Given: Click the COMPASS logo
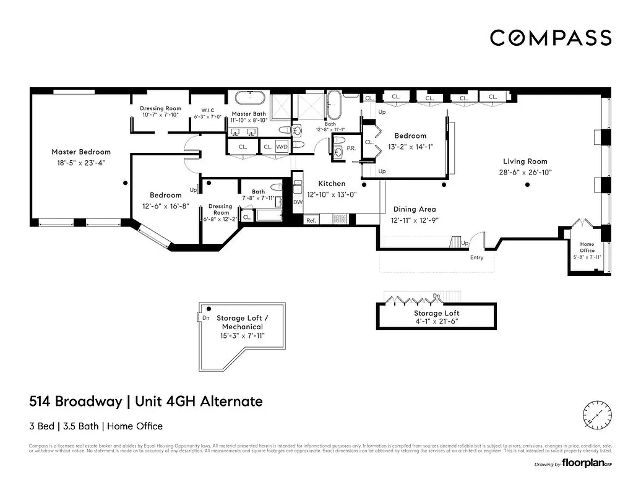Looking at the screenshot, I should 550,38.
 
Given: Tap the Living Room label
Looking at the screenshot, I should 525,161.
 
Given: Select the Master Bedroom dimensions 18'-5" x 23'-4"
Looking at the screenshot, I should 81,163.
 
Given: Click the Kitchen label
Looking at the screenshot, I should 332,184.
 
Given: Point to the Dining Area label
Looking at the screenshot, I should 413,209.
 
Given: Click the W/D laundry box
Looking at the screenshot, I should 282,147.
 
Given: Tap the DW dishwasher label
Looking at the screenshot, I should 298,202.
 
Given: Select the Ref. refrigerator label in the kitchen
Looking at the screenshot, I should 311,220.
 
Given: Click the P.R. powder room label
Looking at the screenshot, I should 351,148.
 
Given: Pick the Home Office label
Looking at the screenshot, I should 587,247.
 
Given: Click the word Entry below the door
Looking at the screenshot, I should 476,257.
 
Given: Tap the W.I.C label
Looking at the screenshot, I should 204,110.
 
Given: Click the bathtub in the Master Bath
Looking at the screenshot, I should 249,98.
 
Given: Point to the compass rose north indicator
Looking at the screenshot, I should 597,413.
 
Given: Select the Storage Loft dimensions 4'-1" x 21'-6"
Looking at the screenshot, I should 436,321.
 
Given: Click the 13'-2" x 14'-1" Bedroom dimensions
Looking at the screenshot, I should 410,147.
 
